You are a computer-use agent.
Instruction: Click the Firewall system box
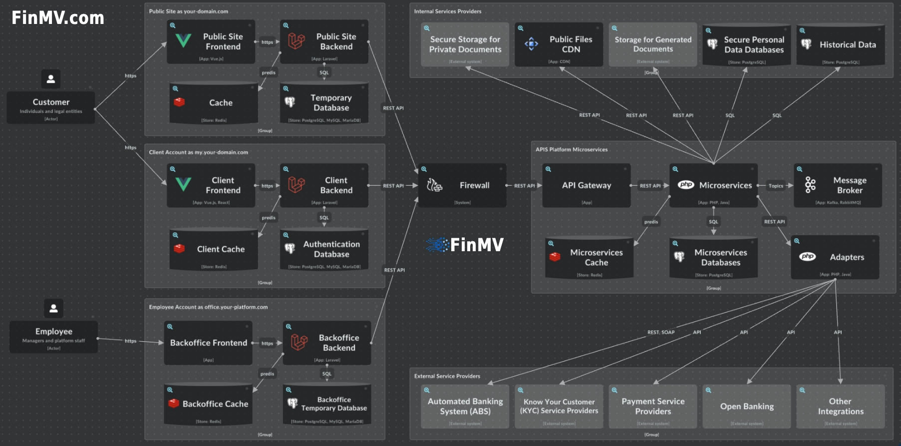pos(462,185)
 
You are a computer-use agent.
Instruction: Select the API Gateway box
pos(586,185)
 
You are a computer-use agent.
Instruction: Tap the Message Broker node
pos(838,185)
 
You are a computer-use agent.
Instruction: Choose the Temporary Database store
pos(324,103)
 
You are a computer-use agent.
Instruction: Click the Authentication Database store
pos(324,250)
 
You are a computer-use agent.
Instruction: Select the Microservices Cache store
pos(589,258)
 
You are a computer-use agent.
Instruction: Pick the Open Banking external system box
pos(747,407)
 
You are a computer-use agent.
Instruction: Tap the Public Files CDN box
pos(559,44)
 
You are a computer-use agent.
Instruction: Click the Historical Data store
pos(841,45)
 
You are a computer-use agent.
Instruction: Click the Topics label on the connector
pos(776,186)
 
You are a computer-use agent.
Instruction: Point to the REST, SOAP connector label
pos(660,332)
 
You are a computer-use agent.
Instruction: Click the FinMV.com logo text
pos(58,18)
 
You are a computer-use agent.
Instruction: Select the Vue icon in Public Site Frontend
pos(183,40)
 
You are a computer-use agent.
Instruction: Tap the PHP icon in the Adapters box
pos(807,257)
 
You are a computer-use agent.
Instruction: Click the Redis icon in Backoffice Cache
pos(174,403)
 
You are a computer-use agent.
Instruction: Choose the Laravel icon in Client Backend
pos(296,184)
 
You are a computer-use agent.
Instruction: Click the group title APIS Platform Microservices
pos(572,149)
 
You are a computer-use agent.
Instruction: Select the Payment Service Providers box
pos(652,407)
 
